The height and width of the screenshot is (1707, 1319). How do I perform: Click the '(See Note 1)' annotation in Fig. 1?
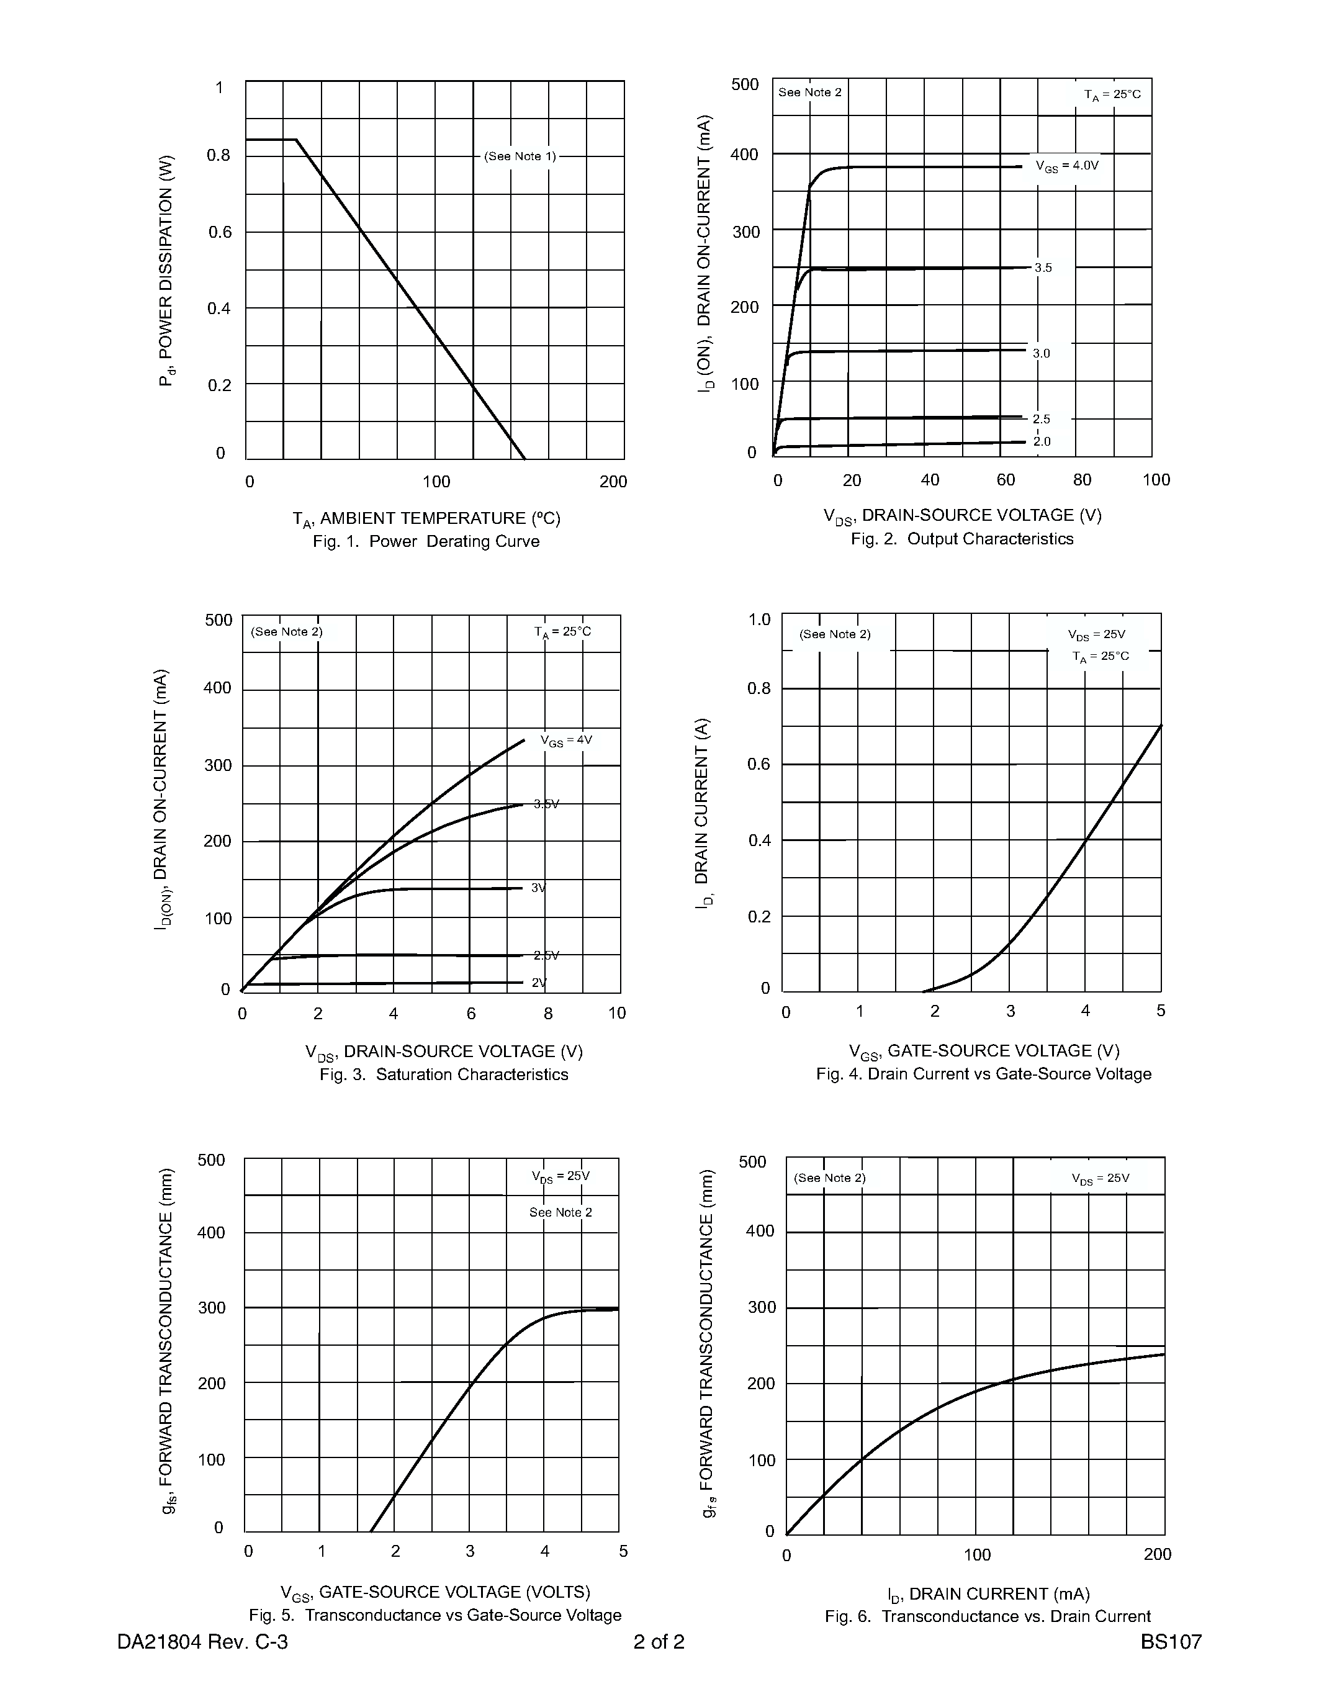pos(520,156)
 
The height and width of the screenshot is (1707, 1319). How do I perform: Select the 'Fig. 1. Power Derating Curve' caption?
pos(426,542)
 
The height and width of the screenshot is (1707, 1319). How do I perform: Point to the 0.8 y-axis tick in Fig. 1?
pos(218,156)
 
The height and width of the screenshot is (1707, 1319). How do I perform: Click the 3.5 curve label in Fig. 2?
pos(1043,268)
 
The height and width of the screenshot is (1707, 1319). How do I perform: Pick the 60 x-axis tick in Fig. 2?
pos(1006,480)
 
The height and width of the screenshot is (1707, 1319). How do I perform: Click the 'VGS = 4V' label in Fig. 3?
pos(567,740)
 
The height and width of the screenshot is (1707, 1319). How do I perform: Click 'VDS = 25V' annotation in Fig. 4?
pos(1096,634)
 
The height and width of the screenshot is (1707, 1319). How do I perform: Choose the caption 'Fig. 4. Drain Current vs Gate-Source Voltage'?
pos(984,1074)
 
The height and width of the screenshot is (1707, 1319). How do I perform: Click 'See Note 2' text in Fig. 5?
pos(560,1212)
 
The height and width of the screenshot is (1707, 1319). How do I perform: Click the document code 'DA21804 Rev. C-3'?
pos(202,1642)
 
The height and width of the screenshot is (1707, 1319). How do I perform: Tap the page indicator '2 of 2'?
pos(659,1642)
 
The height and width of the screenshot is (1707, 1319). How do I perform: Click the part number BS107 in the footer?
pos(1171,1642)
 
